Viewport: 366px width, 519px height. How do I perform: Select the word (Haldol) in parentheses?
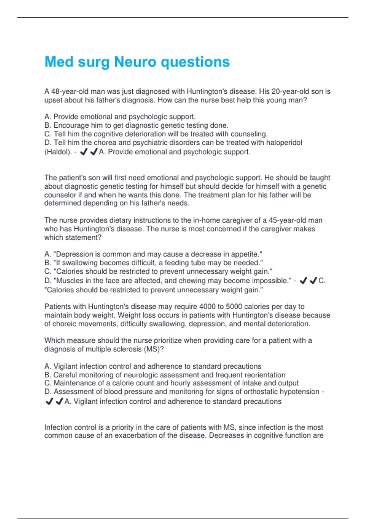point(58,152)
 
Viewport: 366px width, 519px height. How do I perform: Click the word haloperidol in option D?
point(284,143)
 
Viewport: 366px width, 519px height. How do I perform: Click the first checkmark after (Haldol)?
point(84,152)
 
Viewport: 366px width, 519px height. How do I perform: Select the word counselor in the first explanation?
point(59,195)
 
